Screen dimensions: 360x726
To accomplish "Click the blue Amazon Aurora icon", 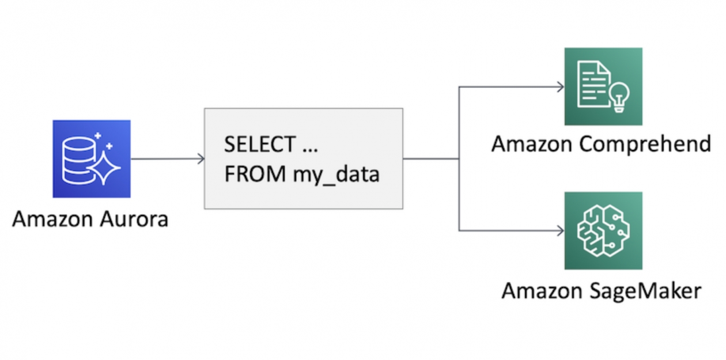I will [92, 158].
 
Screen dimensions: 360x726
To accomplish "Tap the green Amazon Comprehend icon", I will [603, 86].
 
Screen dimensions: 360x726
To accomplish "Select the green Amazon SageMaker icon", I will [603, 231].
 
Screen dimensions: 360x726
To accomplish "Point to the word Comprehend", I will [645, 144].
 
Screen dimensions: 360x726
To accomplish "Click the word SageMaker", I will [644, 290].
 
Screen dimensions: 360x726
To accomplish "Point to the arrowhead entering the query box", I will [201, 159].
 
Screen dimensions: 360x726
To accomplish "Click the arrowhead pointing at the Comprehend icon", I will [560, 87].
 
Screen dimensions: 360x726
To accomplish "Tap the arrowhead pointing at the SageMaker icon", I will [560, 231].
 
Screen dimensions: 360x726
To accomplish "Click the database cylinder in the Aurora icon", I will [77, 158].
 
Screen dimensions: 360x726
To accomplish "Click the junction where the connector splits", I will [459, 159].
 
